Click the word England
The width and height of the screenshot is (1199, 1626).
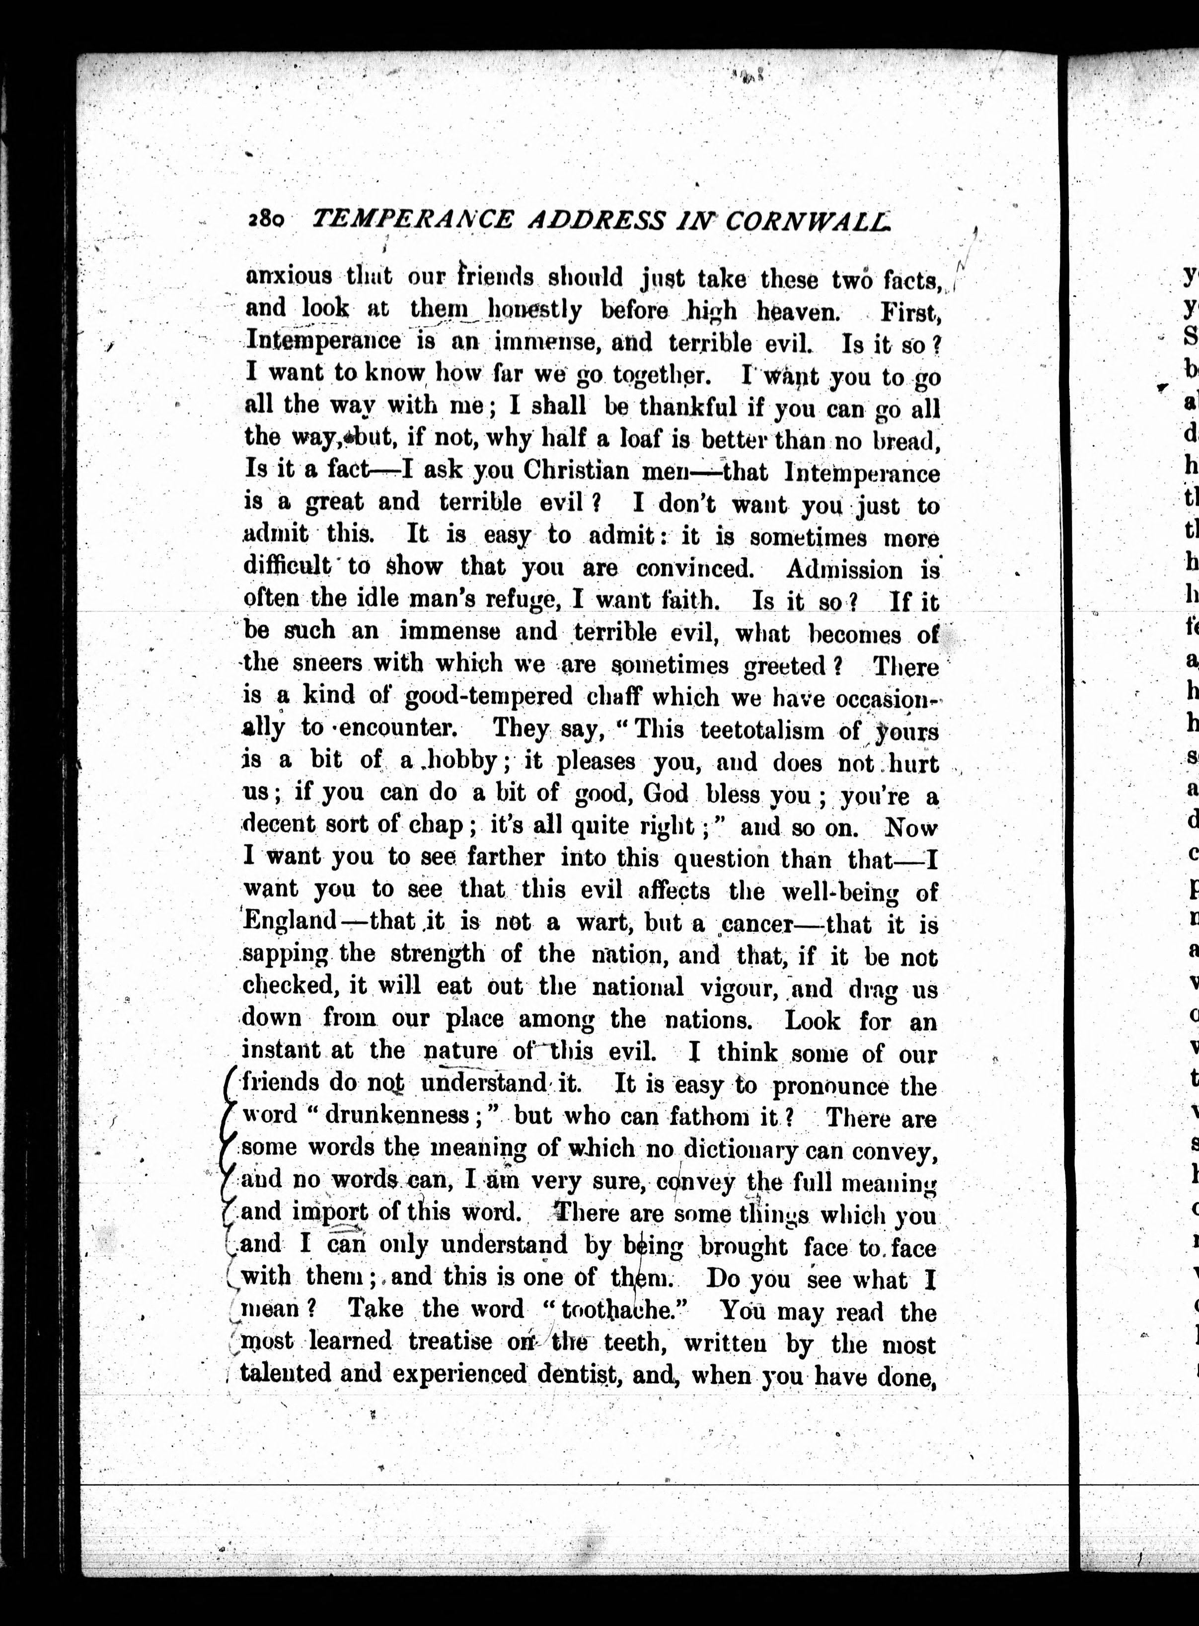point(289,920)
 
